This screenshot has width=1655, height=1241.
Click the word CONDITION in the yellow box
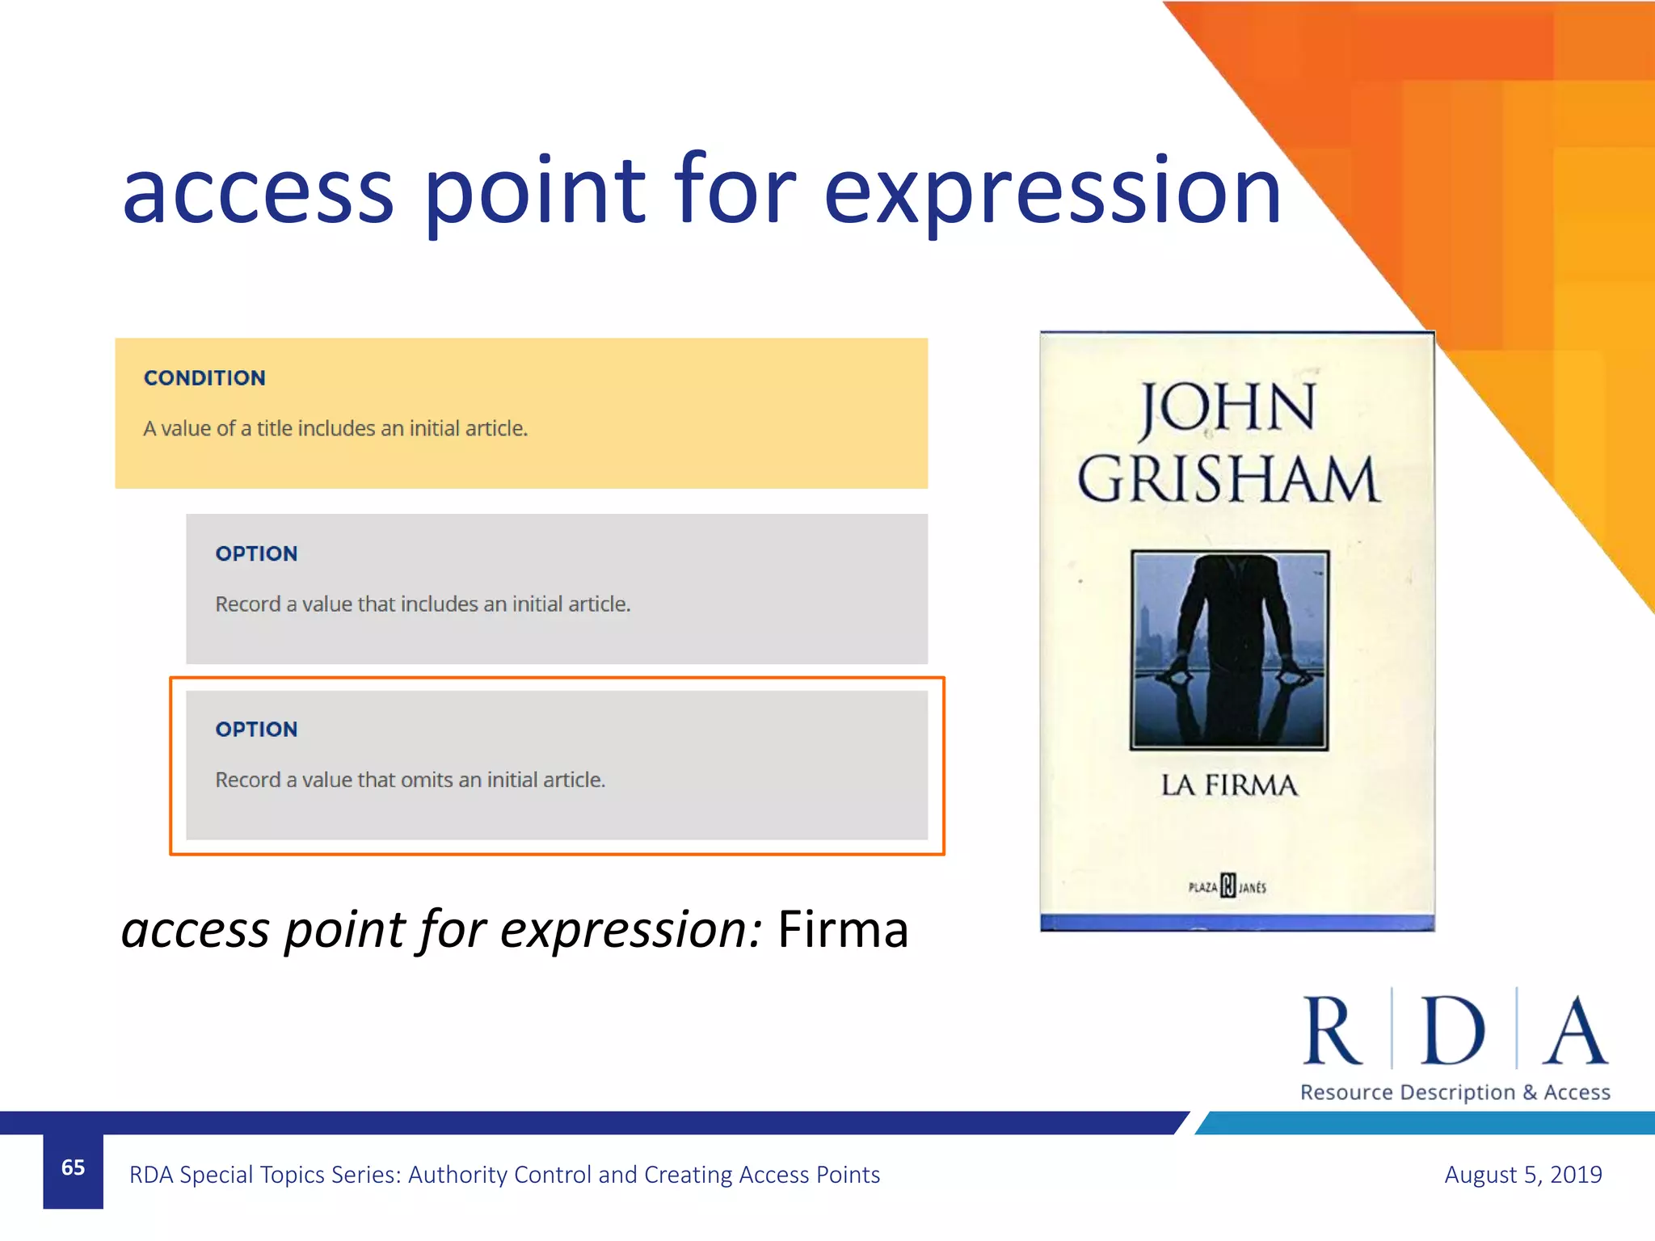pyautogui.click(x=204, y=378)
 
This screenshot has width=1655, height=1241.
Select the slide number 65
pyautogui.click(x=73, y=1167)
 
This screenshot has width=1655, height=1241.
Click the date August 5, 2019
pyautogui.click(x=1522, y=1175)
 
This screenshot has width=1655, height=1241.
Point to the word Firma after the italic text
pyautogui.click(x=843, y=930)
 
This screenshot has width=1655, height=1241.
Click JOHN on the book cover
pyautogui.click(x=1228, y=408)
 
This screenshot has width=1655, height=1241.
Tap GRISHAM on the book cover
pyautogui.click(x=1228, y=481)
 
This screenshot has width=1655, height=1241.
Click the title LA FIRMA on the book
pyautogui.click(x=1229, y=785)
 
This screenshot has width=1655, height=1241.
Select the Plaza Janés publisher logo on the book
pyautogui.click(x=1228, y=886)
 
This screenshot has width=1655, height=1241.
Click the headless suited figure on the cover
pyautogui.click(x=1229, y=638)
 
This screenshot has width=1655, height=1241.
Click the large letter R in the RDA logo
pyautogui.click(x=1332, y=1032)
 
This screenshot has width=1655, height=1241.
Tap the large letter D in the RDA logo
pyautogui.click(x=1453, y=1032)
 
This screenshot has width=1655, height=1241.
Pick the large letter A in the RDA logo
pyautogui.click(x=1575, y=1032)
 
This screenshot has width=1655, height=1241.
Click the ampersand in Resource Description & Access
pyautogui.click(x=1529, y=1093)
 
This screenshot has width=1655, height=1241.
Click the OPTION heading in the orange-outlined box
pyautogui.click(x=256, y=730)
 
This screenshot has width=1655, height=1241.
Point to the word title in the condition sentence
pyautogui.click(x=274, y=428)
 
